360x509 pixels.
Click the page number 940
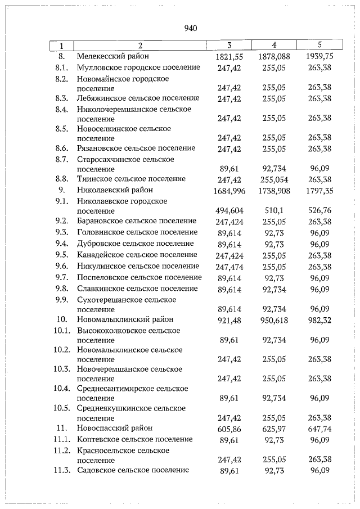click(x=190, y=28)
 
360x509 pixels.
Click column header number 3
click(x=229, y=45)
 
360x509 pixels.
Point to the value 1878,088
click(x=274, y=57)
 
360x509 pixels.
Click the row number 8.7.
click(x=62, y=160)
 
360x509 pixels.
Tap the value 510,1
click(x=274, y=210)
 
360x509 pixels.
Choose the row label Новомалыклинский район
click(x=125, y=319)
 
